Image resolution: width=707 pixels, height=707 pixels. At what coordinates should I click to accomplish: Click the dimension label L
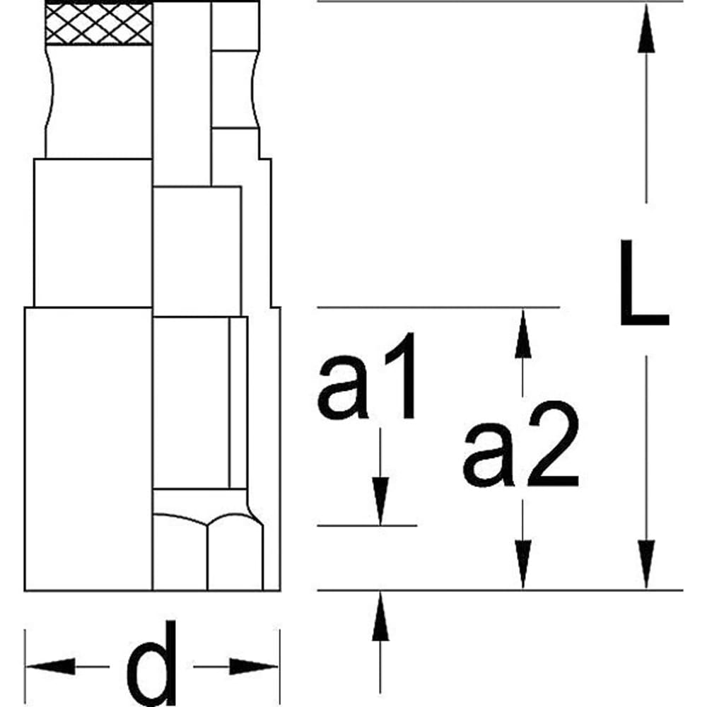coord(643,283)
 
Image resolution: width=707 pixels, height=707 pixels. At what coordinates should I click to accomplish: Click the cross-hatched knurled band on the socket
coord(98,23)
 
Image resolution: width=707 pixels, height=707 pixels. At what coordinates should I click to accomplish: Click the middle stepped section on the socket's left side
coord(93,233)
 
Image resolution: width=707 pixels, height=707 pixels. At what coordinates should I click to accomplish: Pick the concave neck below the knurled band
coord(98,99)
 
